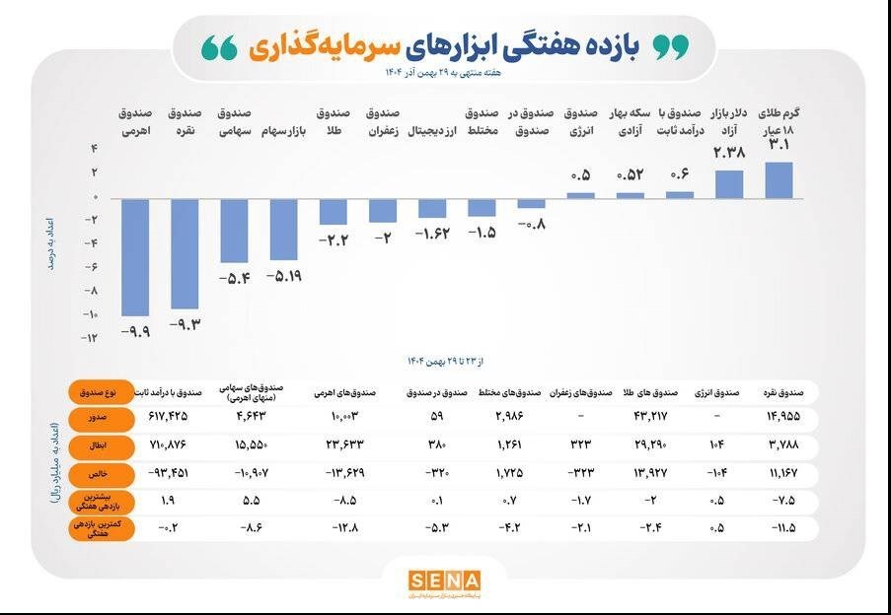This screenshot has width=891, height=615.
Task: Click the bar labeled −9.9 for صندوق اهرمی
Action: pyautogui.click(x=134, y=256)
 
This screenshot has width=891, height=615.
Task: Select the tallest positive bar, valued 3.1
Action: pyautogui.click(x=779, y=180)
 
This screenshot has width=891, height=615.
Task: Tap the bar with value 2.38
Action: pyautogui.click(x=729, y=184)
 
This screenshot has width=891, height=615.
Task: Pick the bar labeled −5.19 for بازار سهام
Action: pyautogui.click(x=283, y=229)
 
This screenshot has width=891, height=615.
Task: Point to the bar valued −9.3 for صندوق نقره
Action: pyautogui.click(x=184, y=253)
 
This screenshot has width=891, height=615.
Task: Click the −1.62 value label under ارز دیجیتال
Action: pyautogui.click(x=432, y=234)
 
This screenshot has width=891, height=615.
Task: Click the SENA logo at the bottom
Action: pyautogui.click(x=445, y=581)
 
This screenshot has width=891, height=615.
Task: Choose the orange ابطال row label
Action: pyautogui.click(x=96, y=445)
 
